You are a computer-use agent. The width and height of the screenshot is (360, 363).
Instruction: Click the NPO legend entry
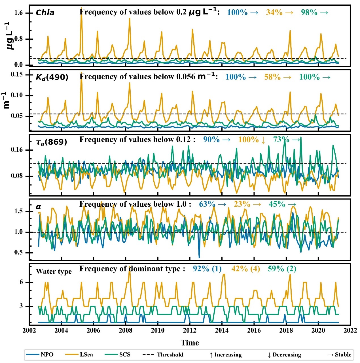point(40,355)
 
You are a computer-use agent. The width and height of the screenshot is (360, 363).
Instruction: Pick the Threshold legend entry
point(163,355)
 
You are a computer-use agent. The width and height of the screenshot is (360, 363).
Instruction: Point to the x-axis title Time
point(190,343)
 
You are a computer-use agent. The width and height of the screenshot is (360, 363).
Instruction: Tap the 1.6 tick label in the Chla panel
point(18,13)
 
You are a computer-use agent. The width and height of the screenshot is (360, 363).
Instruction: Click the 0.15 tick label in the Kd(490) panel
point(17,74)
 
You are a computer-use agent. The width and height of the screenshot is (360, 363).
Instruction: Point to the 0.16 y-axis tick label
point(17,150)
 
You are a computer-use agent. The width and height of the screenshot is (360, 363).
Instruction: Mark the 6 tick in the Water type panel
point(21,282)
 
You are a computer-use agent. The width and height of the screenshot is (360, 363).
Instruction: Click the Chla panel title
point(45,13)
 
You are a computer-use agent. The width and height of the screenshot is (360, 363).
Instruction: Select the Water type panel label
point(54,271)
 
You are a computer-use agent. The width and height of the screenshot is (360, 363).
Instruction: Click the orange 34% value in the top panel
point(274,12)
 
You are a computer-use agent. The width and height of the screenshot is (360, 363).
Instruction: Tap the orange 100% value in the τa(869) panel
point(248,140)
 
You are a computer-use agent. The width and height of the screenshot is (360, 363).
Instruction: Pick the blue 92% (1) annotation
point(207,269)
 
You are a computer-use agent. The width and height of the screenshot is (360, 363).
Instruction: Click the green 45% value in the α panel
point(277,204)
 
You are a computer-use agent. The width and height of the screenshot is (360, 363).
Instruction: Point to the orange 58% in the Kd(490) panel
point(272,77)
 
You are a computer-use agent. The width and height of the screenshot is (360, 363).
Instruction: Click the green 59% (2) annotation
point(282,269)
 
